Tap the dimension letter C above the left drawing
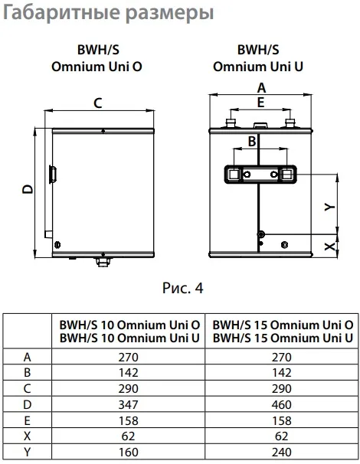tap(98, 103)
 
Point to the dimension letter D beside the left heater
tap(28, 189)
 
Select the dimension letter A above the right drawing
tap(261, 88)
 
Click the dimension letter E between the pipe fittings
tap(260, 103)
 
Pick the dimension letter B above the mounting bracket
tap(252, 142)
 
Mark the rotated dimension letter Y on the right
tap(329, 206)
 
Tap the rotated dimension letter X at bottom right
tap(330, 247)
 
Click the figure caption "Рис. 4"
tap(183, 288)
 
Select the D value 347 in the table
tap(128, 404)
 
